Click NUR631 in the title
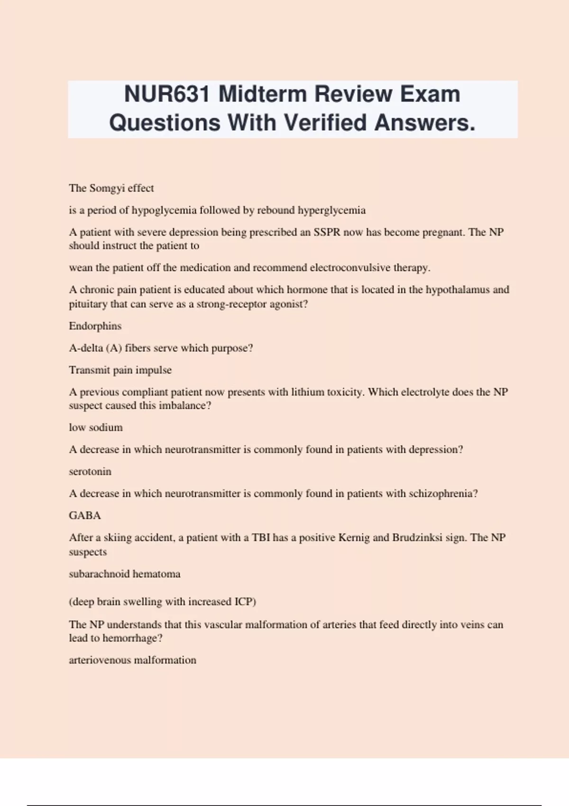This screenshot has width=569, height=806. pos(166,94)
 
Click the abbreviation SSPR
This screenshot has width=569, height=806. pos(327,232)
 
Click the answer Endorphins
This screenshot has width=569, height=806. pos(95,326)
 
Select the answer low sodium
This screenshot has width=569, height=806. pos(96,428)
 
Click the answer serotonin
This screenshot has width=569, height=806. pos(90,472)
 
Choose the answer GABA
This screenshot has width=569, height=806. pos(85,515)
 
